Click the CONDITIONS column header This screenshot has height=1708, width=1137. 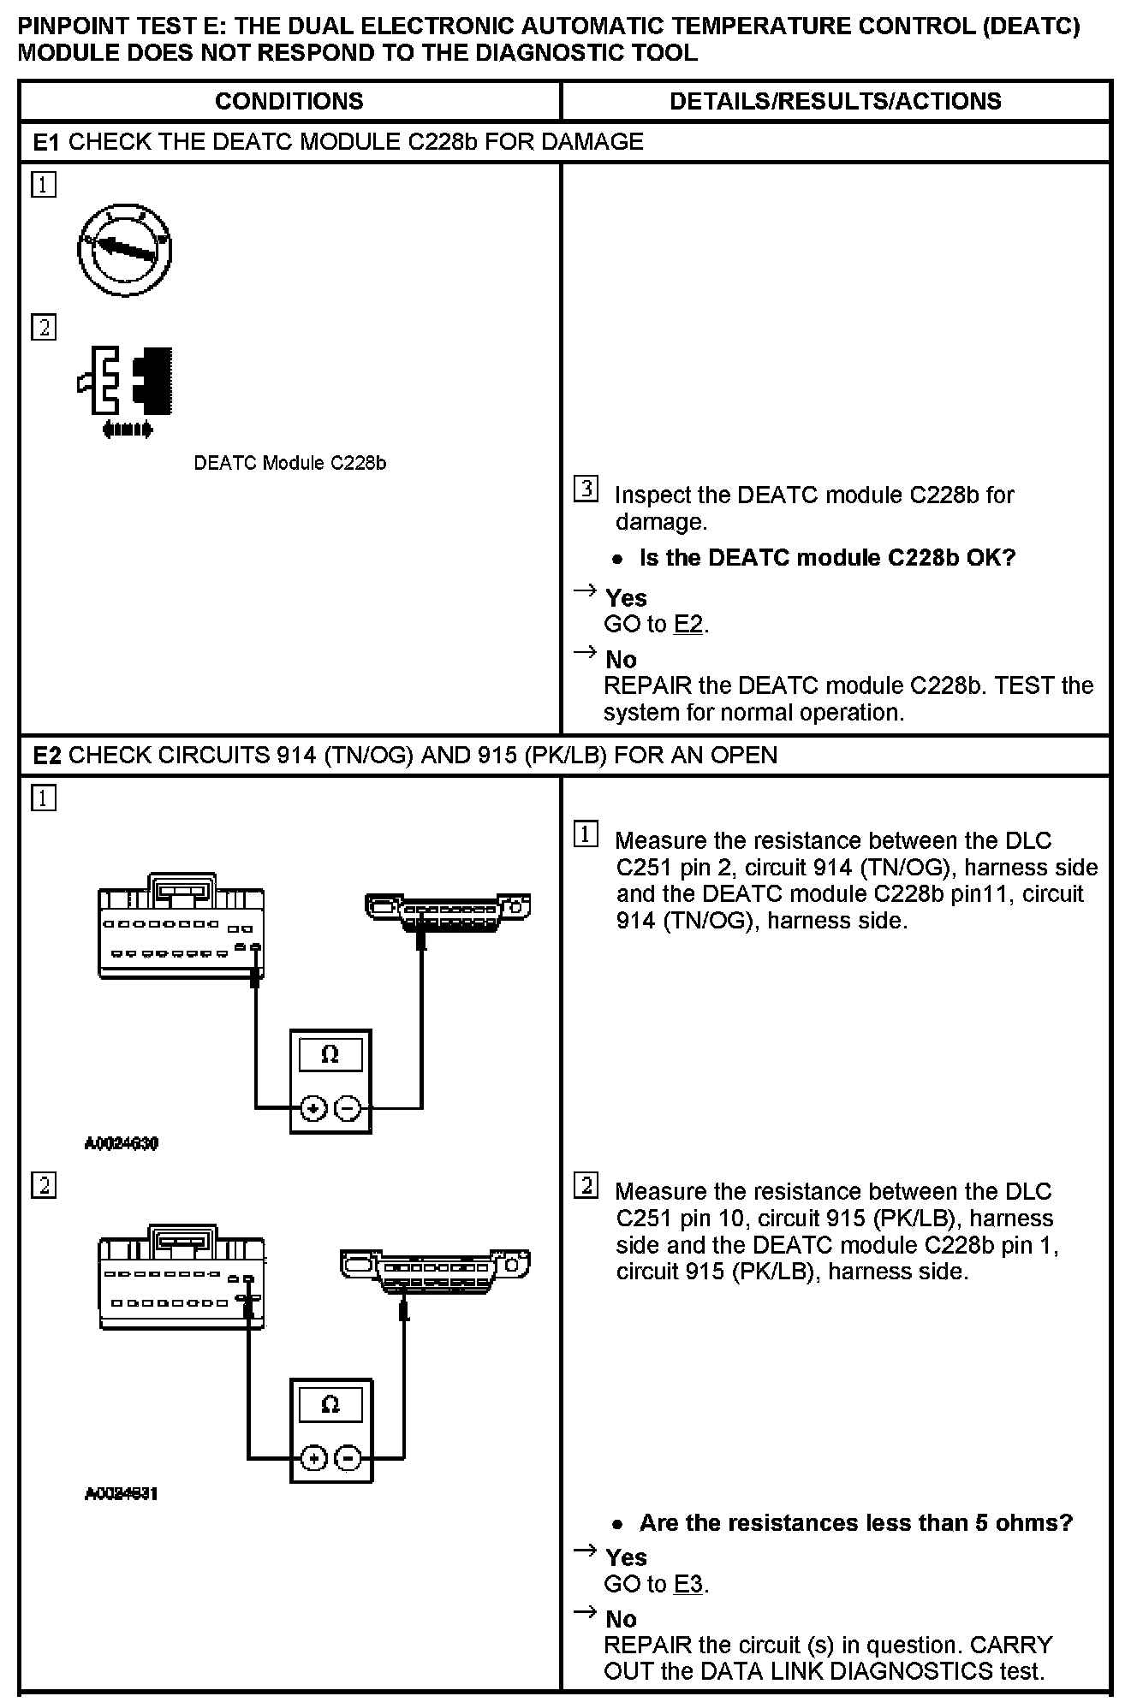tap(289, 101)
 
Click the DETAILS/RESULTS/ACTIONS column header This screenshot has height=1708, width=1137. tap(835, 101)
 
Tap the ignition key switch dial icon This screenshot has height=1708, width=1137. tap(125, 249)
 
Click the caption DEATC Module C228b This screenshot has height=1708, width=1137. tap(289, 463)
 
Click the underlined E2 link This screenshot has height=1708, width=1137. tap(688, 625)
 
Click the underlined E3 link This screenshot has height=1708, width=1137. tap(688, 1584)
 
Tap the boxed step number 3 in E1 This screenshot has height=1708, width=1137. tap(586, 489)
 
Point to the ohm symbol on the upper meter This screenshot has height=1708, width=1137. tap(330, 1055)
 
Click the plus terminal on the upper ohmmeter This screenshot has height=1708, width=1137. tap(313, 1109)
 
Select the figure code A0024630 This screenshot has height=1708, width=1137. tap(122, 1143)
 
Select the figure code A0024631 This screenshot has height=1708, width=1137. tap(122, 1493)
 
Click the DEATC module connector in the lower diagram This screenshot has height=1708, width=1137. tap(182, 1277)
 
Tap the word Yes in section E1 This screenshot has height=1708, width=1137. tap(626, 598)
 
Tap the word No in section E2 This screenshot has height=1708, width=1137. tap(621, 1619)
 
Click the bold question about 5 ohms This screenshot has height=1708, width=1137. tap(855, 1522)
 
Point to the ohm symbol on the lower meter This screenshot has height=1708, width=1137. tap(330, 1404)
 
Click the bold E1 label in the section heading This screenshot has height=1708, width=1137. tap(46, 142)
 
